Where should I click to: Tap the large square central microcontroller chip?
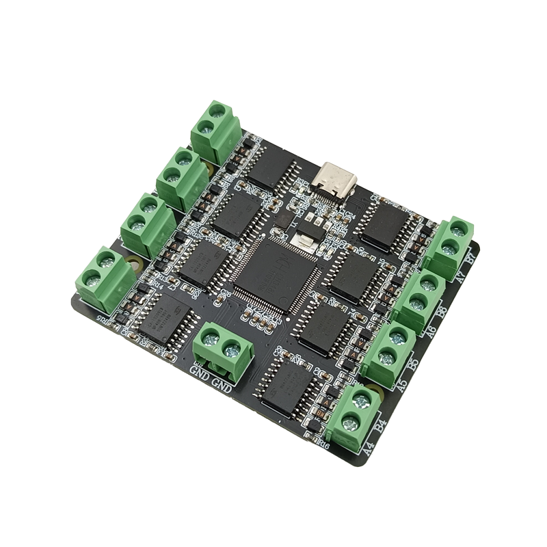coord(273,273)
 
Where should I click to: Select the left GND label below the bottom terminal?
coord(199,375)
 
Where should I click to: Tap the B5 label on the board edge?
coord(413,365)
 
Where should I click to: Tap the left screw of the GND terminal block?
coord(210,336)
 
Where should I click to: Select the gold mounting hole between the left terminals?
coord(135,263)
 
